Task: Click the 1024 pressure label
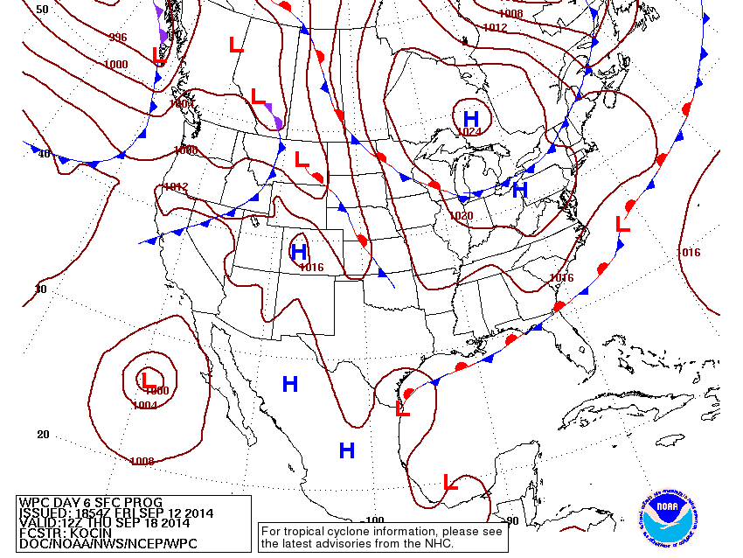point(469,132)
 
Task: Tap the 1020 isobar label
point(461,216)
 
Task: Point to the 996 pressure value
point(117,38)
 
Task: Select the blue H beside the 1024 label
point(471,118)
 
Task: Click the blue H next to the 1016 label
point(298,253)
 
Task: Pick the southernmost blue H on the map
point(347,450)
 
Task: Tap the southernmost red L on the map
point(451,481)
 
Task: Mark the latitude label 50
point(41,9)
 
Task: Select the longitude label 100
point(374,520)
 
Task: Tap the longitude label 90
point(511,520)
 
